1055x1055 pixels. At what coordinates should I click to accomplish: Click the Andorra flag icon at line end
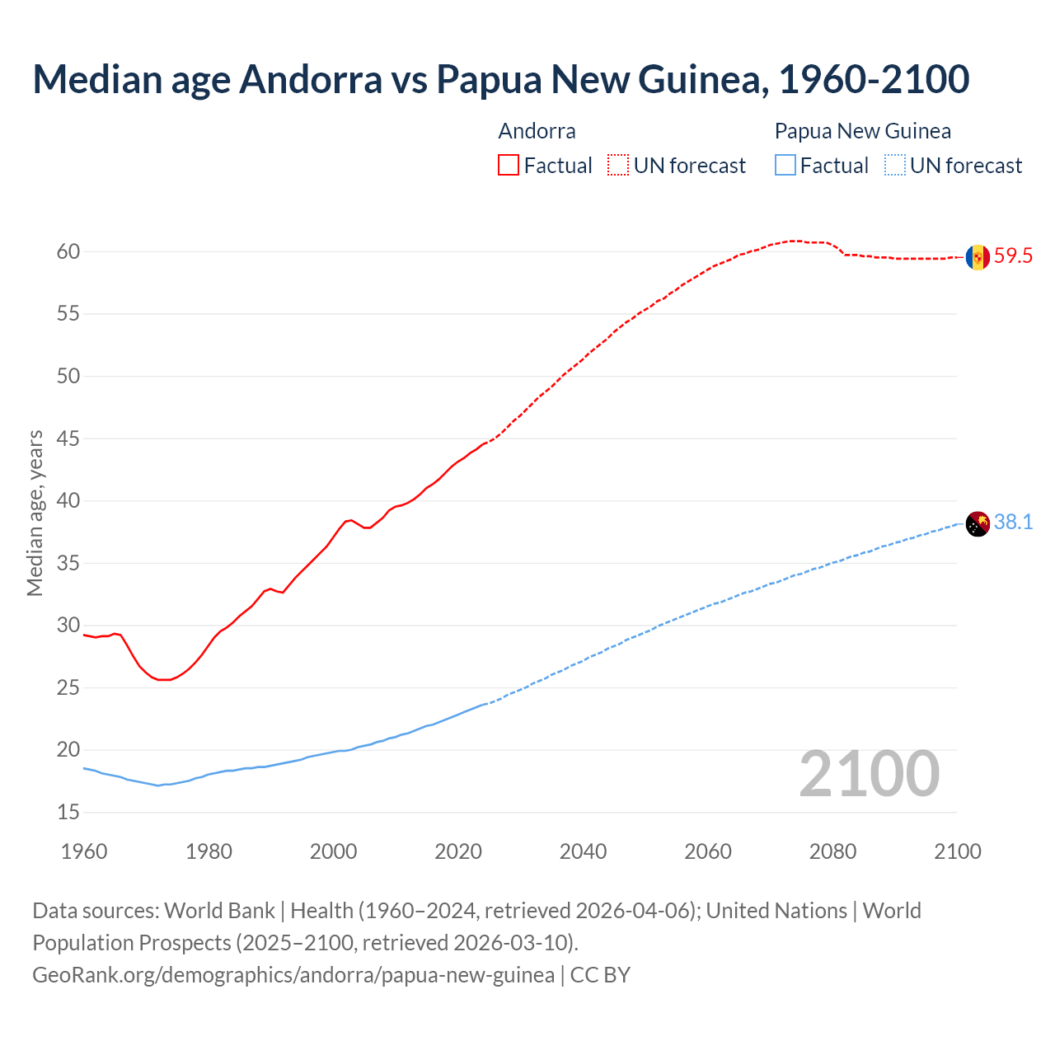click(978, 257)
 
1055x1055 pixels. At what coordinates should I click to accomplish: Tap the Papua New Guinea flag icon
click(978, 523)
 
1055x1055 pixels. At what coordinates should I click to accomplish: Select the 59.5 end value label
click(1013, 256)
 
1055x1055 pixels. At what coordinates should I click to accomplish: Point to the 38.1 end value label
click(1013, 523)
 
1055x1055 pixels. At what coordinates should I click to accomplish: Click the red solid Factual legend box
click(509, 166)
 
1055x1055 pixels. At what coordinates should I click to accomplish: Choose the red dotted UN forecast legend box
click(618, 166)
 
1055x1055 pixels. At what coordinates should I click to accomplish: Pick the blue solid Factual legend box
click(785, 166)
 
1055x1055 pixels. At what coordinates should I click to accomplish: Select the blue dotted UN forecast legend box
click(895, 166)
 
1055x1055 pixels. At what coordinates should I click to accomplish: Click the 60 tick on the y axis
click(68, 252)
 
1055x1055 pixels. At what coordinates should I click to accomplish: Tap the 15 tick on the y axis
click(68, 813)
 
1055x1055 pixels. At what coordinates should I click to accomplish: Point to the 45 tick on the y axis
click(68, 439)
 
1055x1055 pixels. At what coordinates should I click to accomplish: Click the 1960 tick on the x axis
click(84, 851)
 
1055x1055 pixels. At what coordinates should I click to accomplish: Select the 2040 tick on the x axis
click(583, 851)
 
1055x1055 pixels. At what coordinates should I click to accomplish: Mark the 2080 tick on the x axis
click(832, 851)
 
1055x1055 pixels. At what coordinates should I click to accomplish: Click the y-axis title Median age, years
click(35, 513)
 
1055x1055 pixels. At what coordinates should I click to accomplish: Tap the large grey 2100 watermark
click(869, 774)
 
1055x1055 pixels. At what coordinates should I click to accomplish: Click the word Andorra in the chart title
click(311, 79)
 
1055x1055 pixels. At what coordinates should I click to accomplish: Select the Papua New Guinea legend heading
click(862, 131)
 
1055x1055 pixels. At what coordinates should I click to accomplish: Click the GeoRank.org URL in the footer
click(293, 975)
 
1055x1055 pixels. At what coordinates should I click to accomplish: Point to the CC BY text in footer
click(600, 975)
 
